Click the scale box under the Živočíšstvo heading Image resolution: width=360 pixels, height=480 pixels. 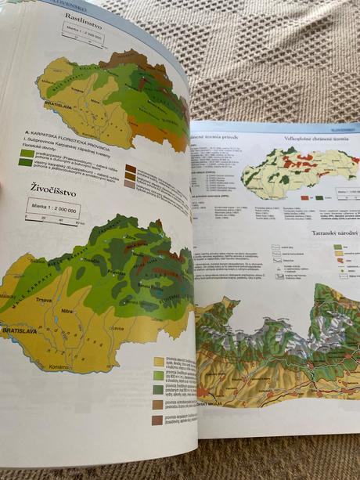point(52,210)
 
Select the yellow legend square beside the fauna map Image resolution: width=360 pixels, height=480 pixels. point(159,361)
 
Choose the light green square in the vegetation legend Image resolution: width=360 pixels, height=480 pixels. point(27,153)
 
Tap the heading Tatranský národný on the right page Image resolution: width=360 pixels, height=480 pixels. point(328,233)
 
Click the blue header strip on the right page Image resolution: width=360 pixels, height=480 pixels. point(274,127)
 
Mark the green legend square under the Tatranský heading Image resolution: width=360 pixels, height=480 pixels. point(337,247)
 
